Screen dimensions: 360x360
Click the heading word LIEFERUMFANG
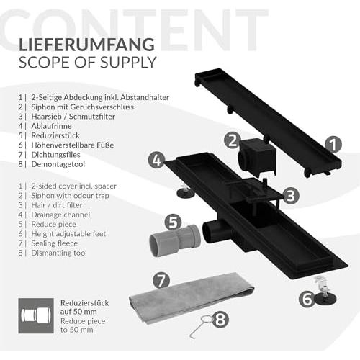(x=86, y=45)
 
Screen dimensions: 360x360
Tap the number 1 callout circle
(x=333, y=145)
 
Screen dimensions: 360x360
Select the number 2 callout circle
(x=233, y=140)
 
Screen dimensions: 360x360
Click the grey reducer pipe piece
(x=175, y=241)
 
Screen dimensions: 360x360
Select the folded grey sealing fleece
(x=192, y=297)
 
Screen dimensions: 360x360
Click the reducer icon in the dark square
(x=36, y=315)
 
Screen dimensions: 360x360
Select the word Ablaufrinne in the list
(x=51, y=126)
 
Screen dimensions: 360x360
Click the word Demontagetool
(x=58, y=164)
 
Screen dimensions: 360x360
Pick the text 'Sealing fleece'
(x=55, y=243)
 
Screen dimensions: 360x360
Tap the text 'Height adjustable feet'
(x=68, y=234)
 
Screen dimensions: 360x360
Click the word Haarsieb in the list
(x=46, y=117)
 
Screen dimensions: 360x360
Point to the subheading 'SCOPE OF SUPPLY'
(x=87, y=62)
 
